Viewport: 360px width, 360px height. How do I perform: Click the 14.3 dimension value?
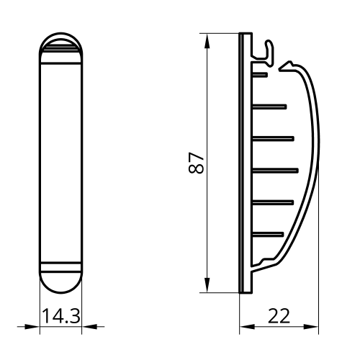coord(61,316)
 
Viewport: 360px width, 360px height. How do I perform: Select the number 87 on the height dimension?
coord(196,163)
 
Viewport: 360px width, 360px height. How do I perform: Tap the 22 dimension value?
coord(279,316)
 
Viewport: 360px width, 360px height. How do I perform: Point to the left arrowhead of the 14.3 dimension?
coord(32,326)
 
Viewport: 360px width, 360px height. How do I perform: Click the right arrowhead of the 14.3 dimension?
coord(89,326)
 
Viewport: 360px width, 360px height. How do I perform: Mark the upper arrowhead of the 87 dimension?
coord(207,41)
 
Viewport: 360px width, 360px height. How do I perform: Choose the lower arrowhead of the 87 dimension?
coord(207,285)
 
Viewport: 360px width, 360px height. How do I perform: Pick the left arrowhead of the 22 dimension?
coord(247,327)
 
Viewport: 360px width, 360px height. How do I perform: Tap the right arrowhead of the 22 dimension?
coord(311,327)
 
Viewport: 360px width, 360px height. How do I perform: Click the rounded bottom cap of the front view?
coord(60,283)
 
